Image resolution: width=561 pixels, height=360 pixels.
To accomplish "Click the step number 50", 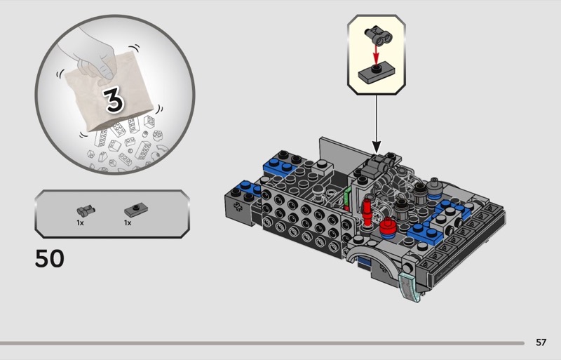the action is (x=50, y=258).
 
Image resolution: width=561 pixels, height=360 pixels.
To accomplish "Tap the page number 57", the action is (x=541, y=342).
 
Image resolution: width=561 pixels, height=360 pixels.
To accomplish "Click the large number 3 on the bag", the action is (x=114, y=100).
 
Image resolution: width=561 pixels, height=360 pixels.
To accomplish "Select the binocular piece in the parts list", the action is (x=86, y=211).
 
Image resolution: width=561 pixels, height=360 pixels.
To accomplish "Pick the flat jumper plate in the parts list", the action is (x=136, y=210).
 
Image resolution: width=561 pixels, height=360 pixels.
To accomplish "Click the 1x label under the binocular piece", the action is (x=80, y=222).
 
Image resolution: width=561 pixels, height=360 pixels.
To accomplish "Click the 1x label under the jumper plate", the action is (x=128, y=222).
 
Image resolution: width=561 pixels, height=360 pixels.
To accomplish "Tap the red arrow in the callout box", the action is (x=376, y=55).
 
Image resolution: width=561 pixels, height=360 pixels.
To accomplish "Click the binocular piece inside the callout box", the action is (x=379, y=36).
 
